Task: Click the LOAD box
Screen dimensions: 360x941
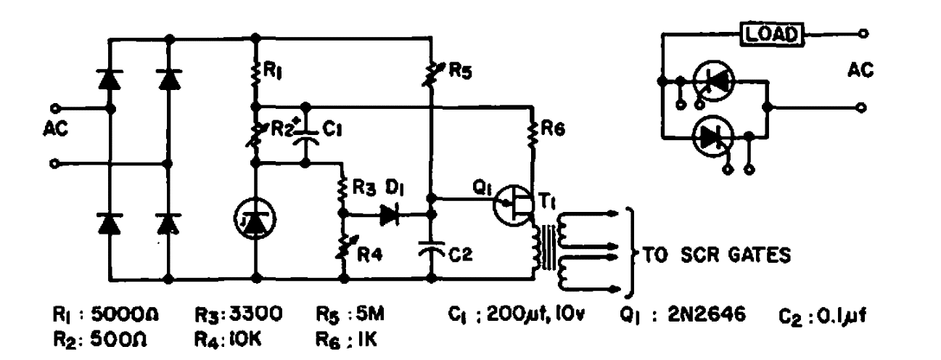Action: (x=771, y=33)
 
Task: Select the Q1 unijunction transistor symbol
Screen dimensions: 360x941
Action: (x=513, y=205)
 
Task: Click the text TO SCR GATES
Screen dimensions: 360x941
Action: (x=718, y=257)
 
